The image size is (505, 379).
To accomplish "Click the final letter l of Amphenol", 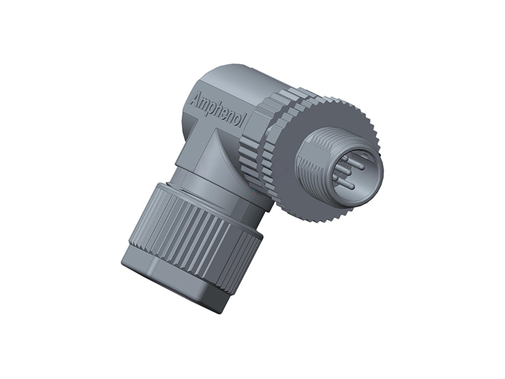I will [x=240, y=124].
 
